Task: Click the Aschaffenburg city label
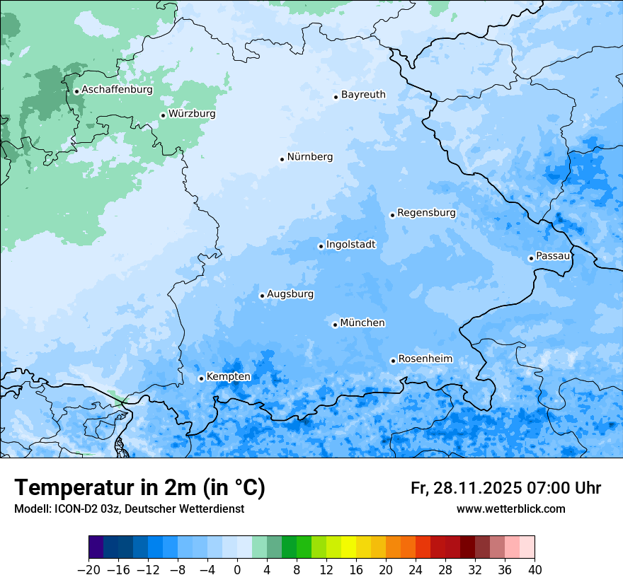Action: (117, 90)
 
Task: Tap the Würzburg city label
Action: (192, 114)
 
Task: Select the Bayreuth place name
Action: (363, 95)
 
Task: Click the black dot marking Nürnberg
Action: (282, 159)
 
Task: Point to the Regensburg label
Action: (426, 213)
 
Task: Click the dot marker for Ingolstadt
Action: (321, 247)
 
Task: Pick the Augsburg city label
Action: (290, 294)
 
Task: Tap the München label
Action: (362, 323)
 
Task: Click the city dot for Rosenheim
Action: (393, 361)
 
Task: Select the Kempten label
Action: (228, 377)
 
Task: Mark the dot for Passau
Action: (531, 258)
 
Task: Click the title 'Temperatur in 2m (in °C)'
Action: (139, 488)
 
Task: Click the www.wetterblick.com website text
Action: (510, 508)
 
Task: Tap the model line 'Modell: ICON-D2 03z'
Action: (129, 508)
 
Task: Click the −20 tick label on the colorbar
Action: (88, 570)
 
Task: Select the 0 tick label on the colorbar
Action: (237, 570)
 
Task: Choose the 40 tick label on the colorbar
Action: (535, 570)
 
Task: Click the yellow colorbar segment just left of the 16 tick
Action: (348, 547)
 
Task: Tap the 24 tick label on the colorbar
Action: (416, 570)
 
